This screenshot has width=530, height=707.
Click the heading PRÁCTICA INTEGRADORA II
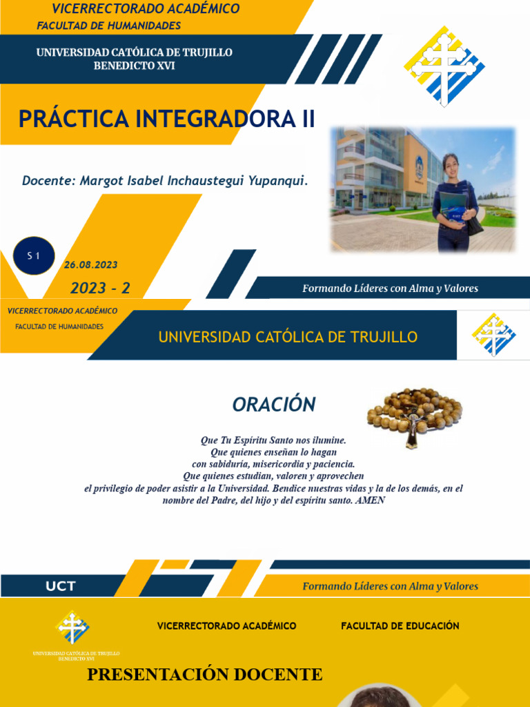(166, 119)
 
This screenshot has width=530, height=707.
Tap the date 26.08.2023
(90, 264)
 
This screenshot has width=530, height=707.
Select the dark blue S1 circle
(33, 256)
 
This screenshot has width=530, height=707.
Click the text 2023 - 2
(100, 288)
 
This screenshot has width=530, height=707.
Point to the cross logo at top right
(444, 66)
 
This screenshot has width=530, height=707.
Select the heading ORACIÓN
(274, 405)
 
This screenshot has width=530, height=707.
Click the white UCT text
(61, 587)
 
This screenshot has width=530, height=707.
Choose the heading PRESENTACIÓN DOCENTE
(204, 675)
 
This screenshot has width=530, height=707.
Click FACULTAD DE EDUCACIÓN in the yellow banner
(400, 626)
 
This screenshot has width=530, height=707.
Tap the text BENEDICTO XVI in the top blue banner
(135, 66)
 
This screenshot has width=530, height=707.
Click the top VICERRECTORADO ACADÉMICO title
(146, 9)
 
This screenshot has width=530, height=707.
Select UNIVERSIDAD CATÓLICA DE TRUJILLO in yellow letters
(288, 337)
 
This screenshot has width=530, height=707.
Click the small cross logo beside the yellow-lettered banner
(493, 335)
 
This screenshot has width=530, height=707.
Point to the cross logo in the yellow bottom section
(73, 627)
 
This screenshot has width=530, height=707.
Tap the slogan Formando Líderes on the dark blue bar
(390, 288)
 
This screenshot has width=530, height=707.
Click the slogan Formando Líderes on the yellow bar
(390, 586)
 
